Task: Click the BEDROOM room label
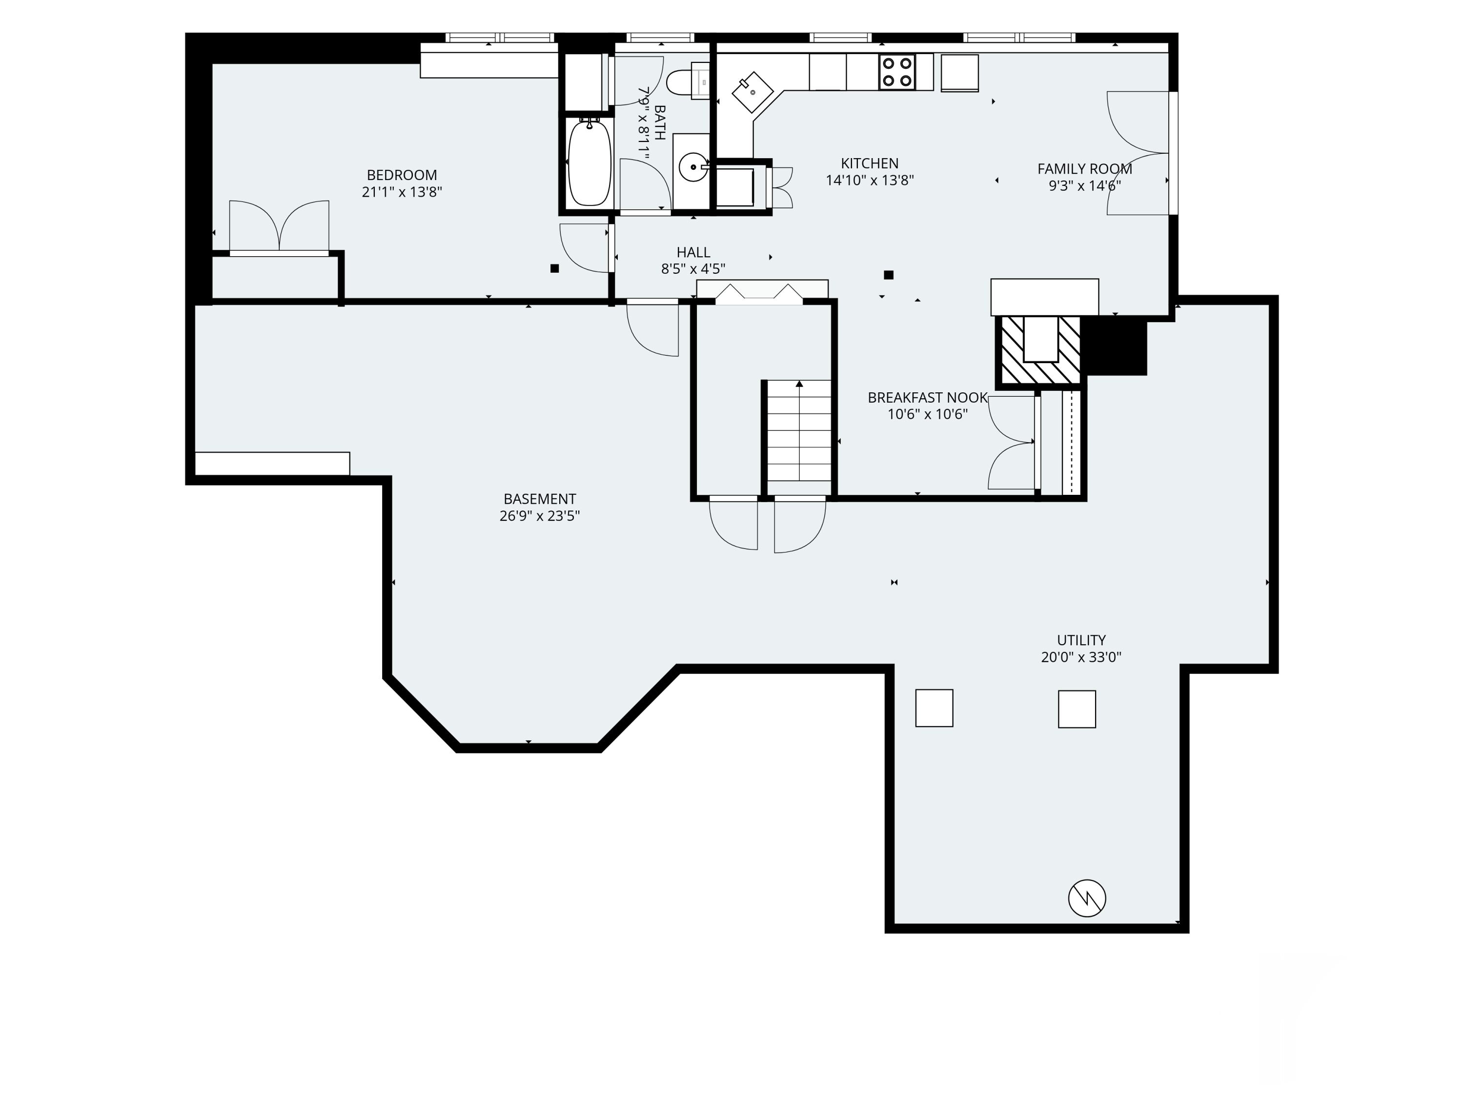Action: (402, 175)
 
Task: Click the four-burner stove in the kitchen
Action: (897, 71)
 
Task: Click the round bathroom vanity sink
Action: (693, 167)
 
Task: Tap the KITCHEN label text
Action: (870, 163)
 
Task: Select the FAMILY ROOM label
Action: (1084, 169)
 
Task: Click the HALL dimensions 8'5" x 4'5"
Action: (693, 269)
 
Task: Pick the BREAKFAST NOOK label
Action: (927, 397)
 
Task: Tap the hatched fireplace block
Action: (1040, 350)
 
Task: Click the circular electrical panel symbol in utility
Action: (1087, 898)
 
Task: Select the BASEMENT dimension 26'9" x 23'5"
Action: (539, 516)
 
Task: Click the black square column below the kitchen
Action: (889, 275)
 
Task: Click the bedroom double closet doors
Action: (279, 227)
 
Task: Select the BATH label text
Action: (659, 122)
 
